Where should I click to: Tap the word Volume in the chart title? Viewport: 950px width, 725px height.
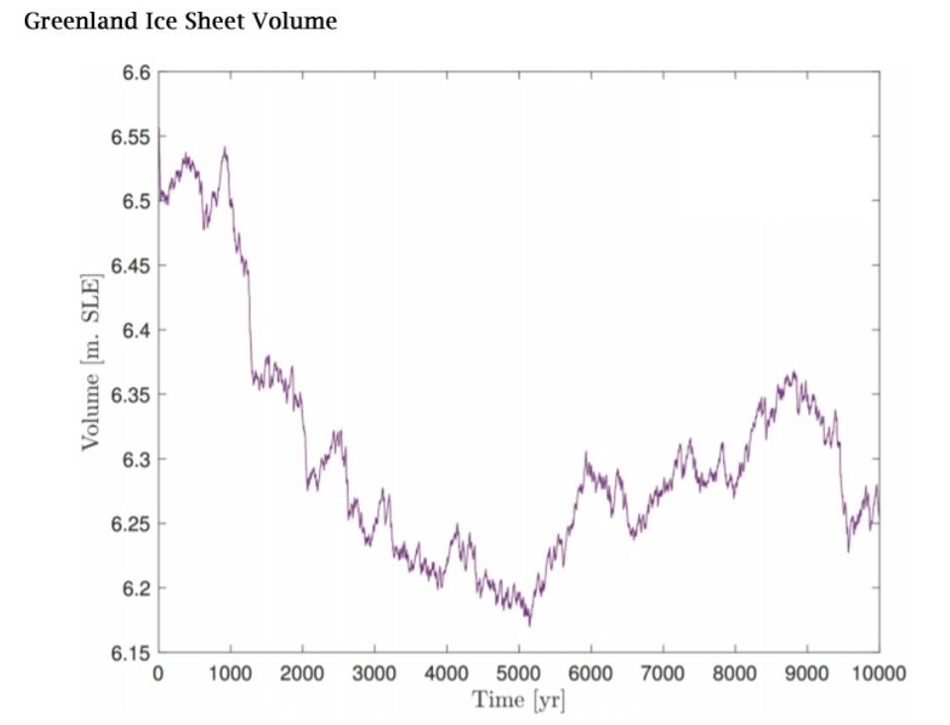click(x=294, y=21)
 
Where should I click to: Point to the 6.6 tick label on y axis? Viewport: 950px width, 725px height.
click(x=137, y=73)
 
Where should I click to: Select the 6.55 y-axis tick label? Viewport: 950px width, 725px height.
click(x=130, y=138)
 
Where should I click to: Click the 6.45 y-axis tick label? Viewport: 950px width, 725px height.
click(x=130, y=265)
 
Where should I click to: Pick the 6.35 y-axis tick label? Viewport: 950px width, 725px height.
click(x=130, y=395)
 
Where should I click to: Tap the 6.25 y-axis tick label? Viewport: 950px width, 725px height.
click(x=130, y=524)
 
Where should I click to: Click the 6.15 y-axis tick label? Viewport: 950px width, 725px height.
click(x=130, y=653)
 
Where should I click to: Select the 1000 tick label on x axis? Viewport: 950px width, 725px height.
click(x=230, y=673)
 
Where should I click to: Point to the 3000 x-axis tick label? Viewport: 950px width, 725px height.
click(x=374, y=673)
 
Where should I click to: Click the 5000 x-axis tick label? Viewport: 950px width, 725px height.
click(x=519, y=673)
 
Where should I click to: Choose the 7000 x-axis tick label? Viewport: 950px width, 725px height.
click(x=663, y=673)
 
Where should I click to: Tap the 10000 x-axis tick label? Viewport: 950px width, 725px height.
click(x=879, y=673)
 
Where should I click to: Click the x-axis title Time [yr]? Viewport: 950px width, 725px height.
click(x=519, y=700)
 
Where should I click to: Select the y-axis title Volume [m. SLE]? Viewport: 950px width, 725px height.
click(x=91, y=362)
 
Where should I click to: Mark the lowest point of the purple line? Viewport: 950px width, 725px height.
click(x=530, y=624)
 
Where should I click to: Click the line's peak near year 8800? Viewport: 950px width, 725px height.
click(x=793, y=372)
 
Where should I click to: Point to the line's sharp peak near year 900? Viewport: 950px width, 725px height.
click(x=226, y=148)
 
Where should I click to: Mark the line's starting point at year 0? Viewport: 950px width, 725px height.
click(x=158, y=130)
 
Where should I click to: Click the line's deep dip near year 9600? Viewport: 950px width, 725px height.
click(x=848, y=551)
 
